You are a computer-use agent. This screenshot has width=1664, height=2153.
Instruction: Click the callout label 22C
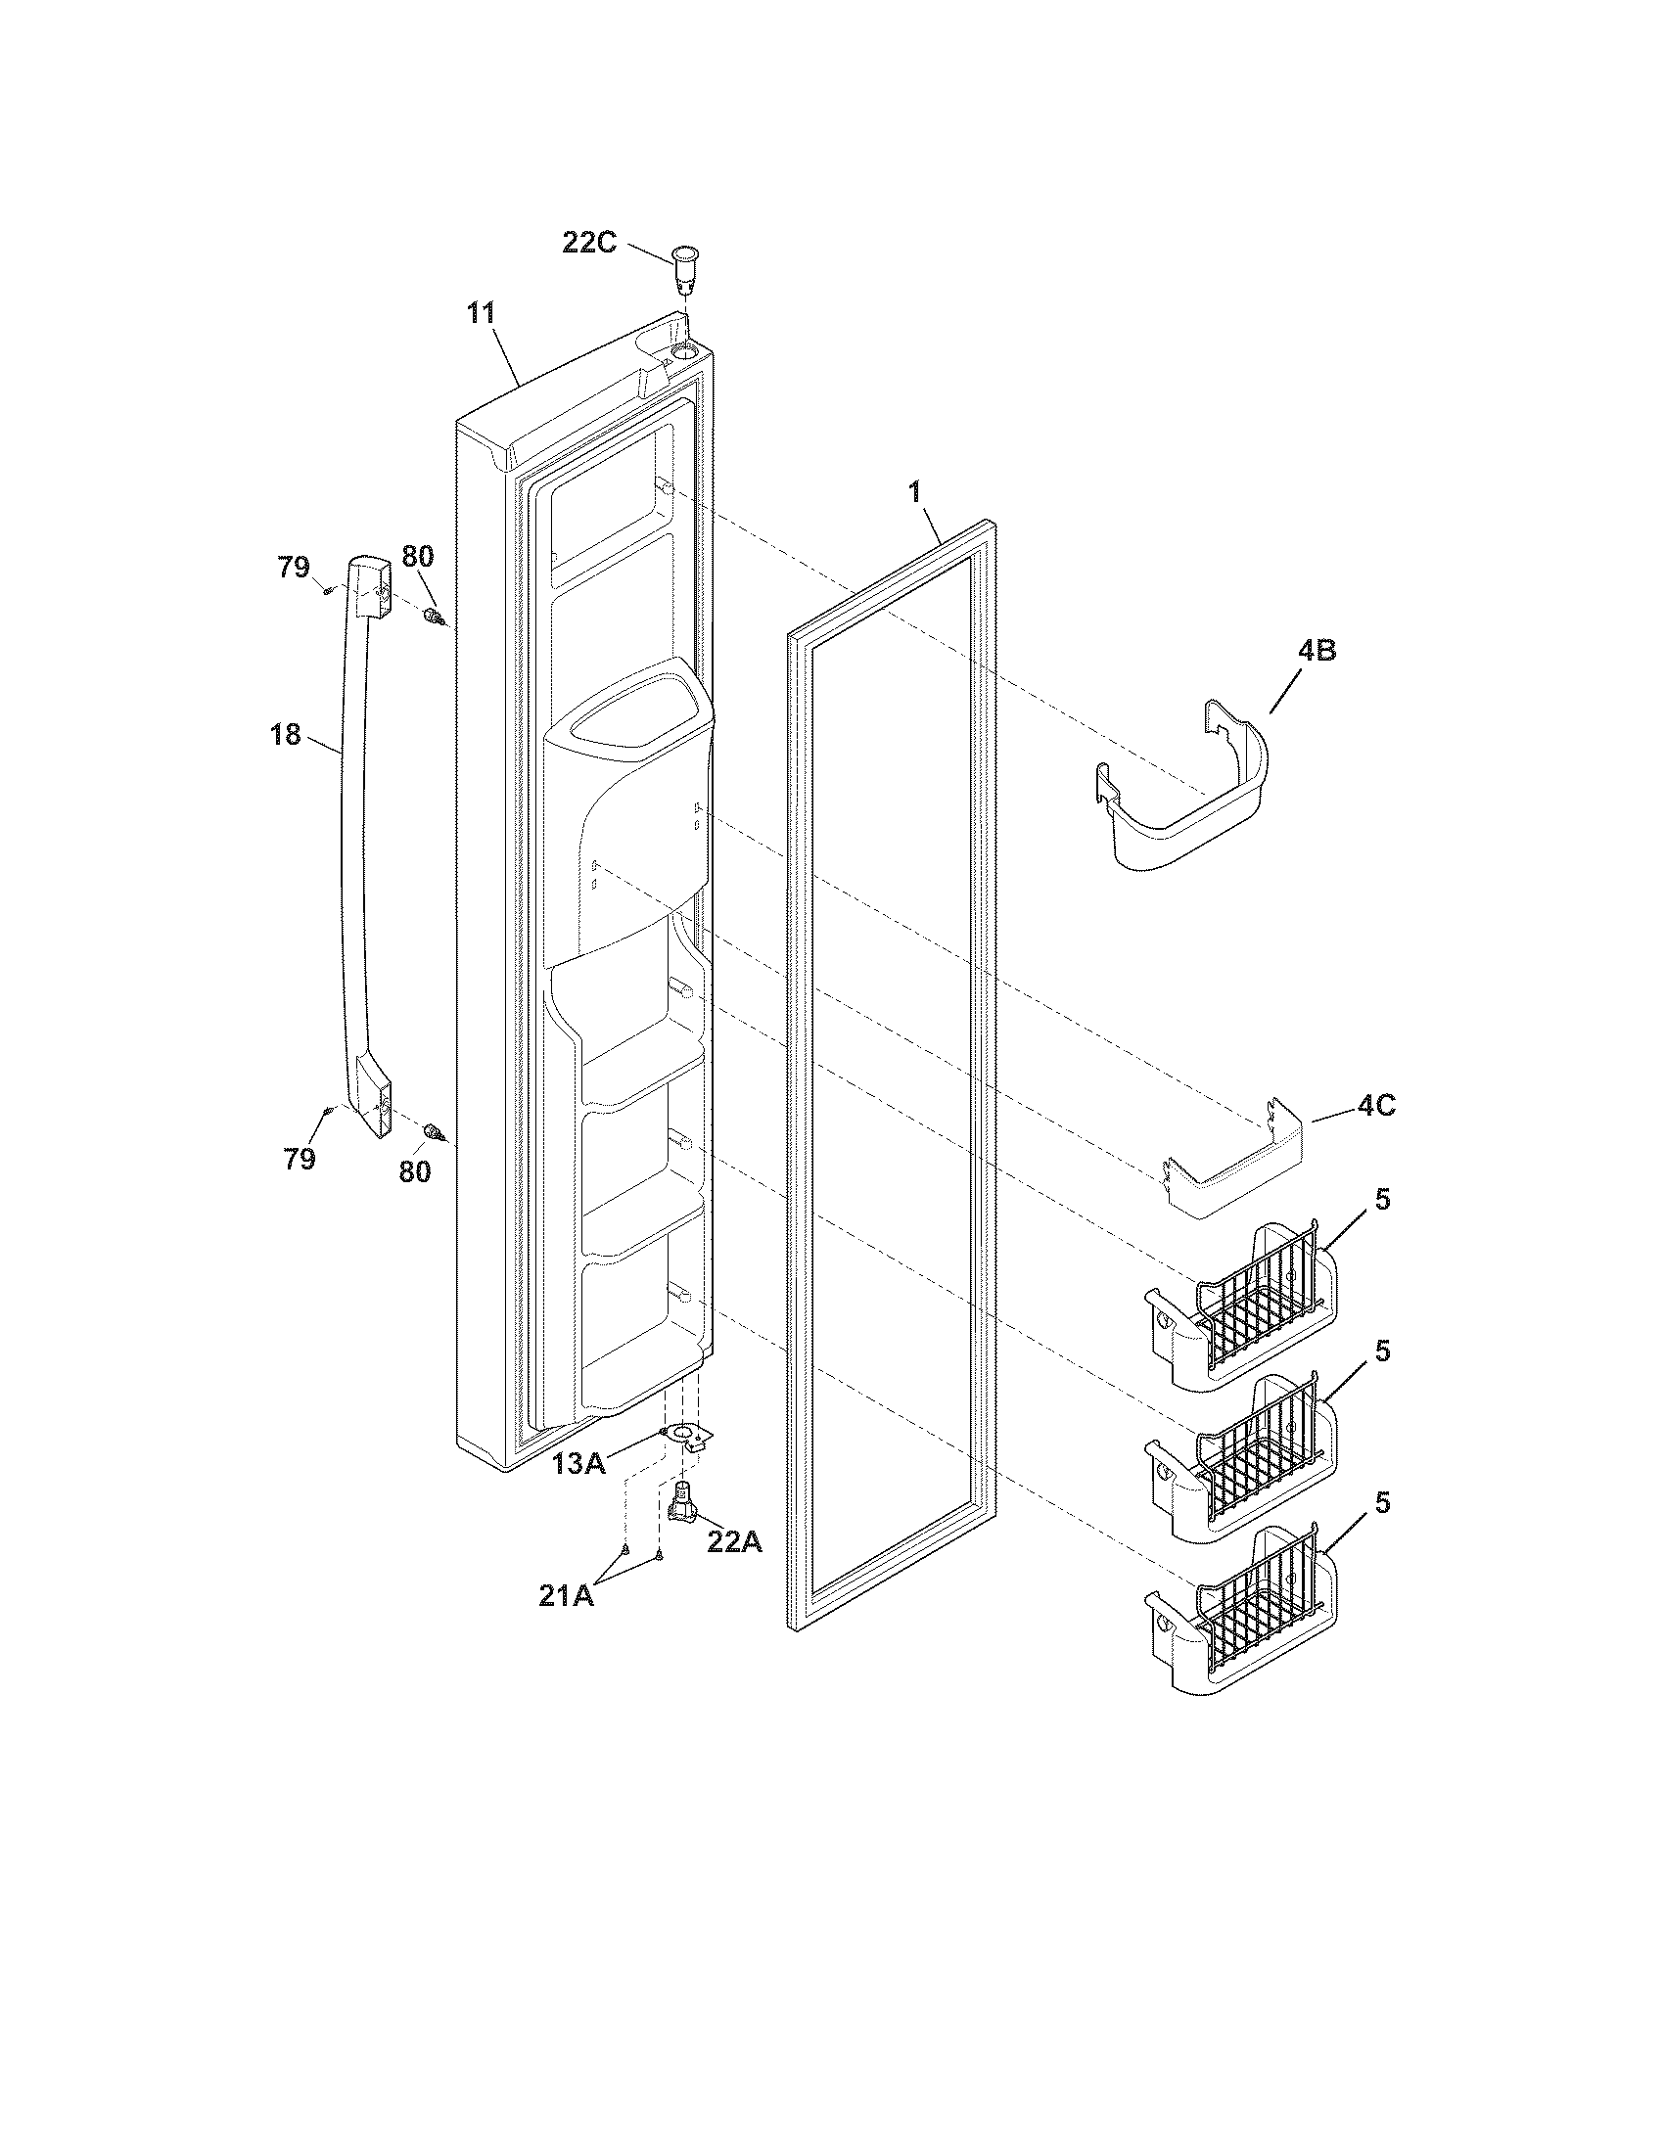[589, 242]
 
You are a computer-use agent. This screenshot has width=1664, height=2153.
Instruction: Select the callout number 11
[481, 314]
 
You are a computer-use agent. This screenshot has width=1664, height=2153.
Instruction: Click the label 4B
[1316, 651]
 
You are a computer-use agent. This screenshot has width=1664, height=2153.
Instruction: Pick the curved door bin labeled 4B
[1183, 794]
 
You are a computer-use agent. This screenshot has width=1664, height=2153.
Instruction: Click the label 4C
[1376, 1106]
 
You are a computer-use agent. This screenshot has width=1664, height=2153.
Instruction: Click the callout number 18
[286, 734]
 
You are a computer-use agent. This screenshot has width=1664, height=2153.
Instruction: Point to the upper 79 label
[293, 568]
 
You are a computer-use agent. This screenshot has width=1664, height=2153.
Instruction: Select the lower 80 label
[415, 1171]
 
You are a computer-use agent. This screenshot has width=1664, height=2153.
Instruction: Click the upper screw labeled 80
[433, 618]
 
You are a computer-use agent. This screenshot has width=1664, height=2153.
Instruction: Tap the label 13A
[578, 1464]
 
